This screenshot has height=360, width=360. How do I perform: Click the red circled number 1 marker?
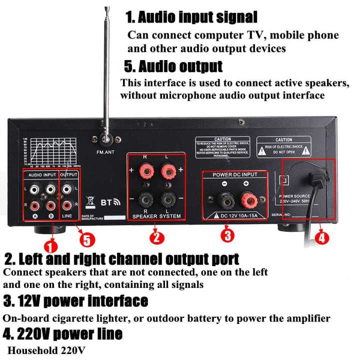[x=50, y=245]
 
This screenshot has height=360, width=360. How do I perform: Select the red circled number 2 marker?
[x=156, y=237]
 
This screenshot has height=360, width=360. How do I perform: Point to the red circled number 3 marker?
[x=227, y=234]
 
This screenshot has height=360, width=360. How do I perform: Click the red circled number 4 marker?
[x=321, y=237]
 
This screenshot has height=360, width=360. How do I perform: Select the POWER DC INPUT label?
[x=235, y=175]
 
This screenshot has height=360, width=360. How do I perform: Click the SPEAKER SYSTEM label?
[x=156, y=216]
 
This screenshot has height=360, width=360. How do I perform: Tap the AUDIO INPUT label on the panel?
[x=42, y=175]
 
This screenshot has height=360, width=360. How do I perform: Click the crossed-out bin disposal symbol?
[x=90, y=202]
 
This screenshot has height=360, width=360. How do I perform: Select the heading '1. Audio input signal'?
[x=191, y=17]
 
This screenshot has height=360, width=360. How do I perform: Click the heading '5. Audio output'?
[x=173, y=66]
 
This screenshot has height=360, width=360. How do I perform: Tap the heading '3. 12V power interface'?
[x=76, y=301]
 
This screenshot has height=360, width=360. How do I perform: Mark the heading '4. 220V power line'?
[x=63, y=333]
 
